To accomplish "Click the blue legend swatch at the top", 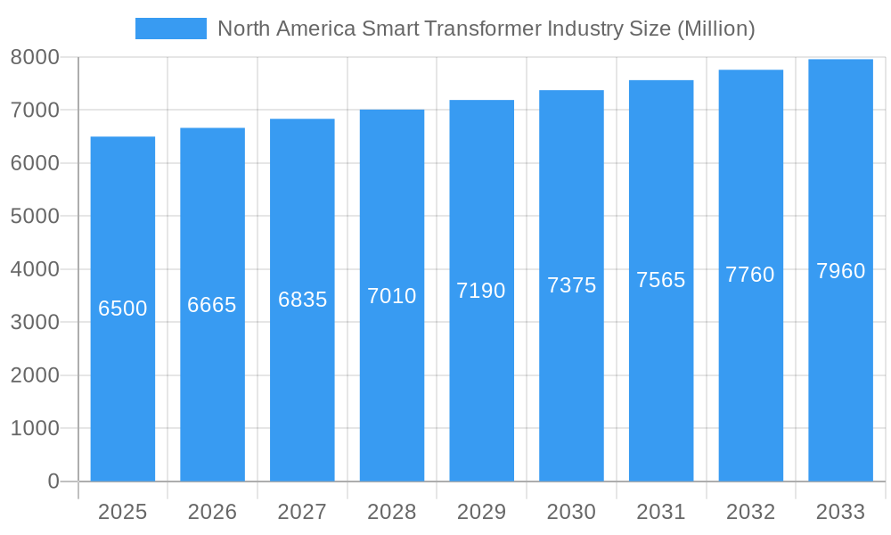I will click(170, 29).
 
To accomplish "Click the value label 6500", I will click(123, 309).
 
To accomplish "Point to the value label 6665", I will click(212, 305).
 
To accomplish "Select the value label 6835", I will click(302, 300).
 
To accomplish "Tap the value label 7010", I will click(392, 296).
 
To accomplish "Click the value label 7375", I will click(571, 285).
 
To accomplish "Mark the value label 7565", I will click(661, 280).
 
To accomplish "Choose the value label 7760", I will click(750, 275).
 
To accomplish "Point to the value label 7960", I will click(840, 271).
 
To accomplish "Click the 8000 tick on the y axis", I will click(35, 57).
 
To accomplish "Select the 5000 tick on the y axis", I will click(35, 216).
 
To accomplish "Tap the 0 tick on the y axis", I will click(53, 481).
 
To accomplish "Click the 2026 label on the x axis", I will click(212, 512).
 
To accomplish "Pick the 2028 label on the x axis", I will click(392, 512).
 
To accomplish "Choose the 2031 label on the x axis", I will click(661, 512).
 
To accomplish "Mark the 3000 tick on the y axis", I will click(35, 322).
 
